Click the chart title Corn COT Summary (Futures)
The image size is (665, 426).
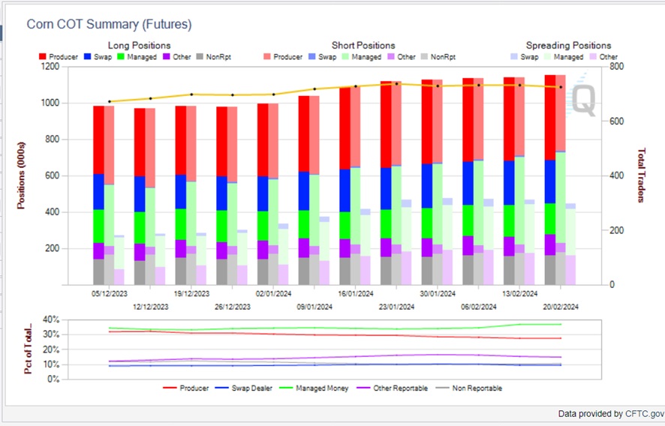tap(109, 25)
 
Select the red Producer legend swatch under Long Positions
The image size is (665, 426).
tap(43, 57)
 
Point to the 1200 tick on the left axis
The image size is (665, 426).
tap(49, 67)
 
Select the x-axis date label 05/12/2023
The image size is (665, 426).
tap(109, 296)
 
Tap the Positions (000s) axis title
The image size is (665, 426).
tap(22, 175)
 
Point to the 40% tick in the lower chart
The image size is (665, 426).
tap(50, 319)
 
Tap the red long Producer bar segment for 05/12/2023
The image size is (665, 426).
tap(98, 139)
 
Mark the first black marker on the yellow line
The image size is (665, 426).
tap(110, 101)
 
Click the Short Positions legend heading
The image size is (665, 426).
tap(363, 46)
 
